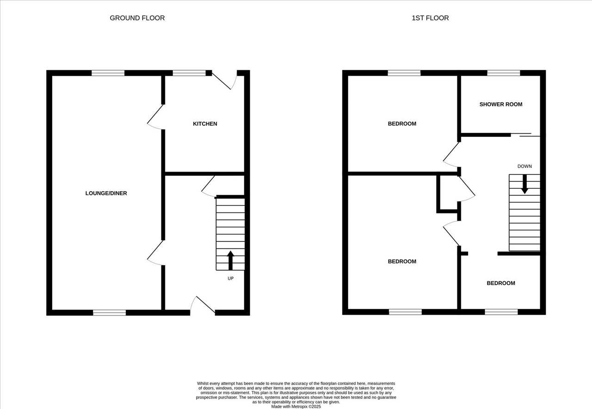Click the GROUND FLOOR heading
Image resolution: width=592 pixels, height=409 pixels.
click(137, 18)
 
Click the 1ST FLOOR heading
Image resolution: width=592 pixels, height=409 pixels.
click(430, 18)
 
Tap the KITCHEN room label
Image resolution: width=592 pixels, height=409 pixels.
click(205, 124)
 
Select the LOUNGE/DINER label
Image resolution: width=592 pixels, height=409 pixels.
click(106, 193)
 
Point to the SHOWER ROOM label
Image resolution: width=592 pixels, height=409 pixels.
click(501, 105)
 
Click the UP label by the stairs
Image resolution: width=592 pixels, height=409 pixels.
click(230, 279)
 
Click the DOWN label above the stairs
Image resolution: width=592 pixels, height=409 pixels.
click(524, 166)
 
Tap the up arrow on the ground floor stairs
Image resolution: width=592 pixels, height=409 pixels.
click(230, 260)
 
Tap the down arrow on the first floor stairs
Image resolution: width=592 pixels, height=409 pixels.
click(524, 184)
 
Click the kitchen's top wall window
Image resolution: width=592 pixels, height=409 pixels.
click(189, 73)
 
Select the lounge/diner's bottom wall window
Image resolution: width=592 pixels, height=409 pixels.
click(110, 312)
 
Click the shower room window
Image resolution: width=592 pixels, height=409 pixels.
click(504, 73)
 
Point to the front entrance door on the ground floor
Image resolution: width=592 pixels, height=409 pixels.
click(203, 306)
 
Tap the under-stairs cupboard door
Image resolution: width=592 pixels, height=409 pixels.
click(209, 186)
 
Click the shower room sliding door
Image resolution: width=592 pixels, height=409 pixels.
click(525, 135)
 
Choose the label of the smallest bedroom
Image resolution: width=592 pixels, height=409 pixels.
click(501, 283)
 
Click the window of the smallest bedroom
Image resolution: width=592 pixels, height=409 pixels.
click(501, 312)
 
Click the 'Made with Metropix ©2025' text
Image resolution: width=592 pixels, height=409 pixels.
click(296, 407)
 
